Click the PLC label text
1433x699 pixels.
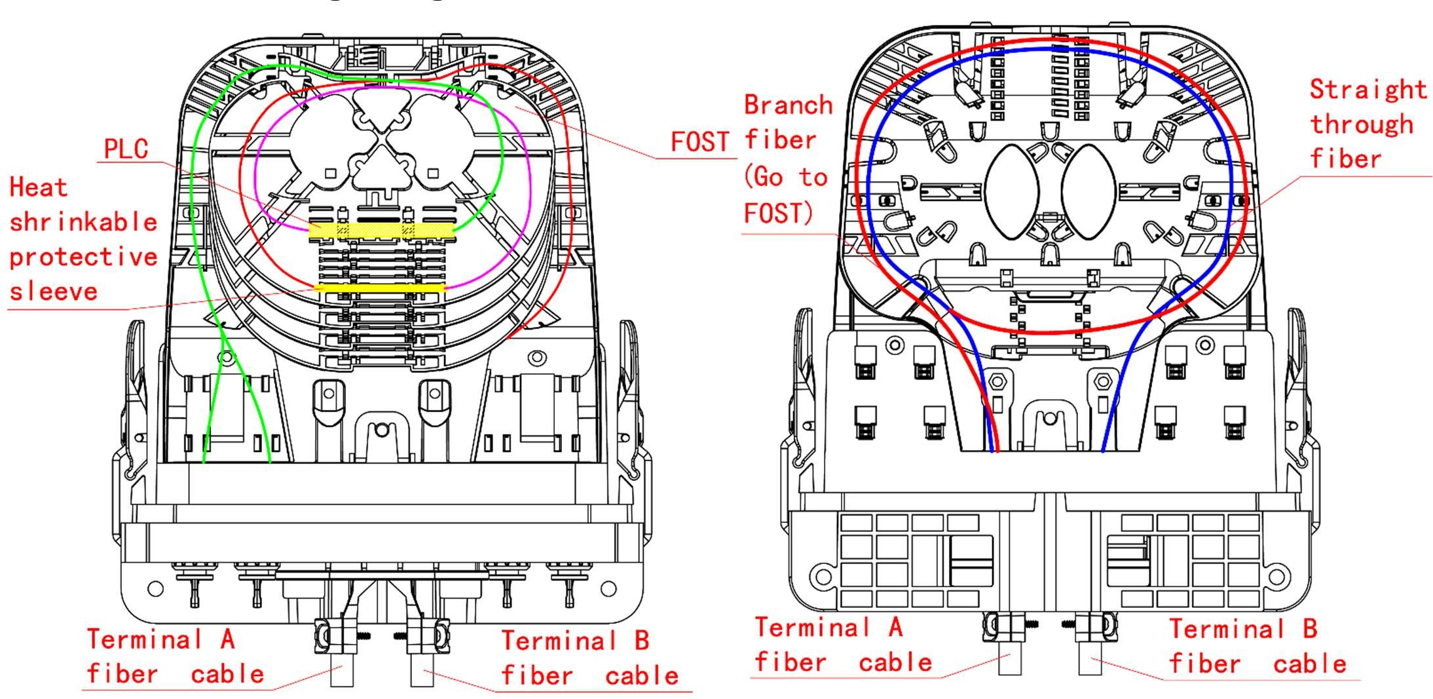click(126, 149)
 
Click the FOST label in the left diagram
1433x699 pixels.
click(699, 142)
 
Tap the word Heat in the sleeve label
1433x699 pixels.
click(38, 188)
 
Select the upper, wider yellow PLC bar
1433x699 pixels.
click(381, 230)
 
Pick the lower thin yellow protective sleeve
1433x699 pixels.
click(380, 288)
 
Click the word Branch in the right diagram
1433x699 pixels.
click(788, 105)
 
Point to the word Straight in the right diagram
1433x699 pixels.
click(1368, 90)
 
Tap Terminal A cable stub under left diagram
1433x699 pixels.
click(342, 671)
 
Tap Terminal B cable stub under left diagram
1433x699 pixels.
click(422, 671)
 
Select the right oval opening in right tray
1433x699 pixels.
click(1088, 191)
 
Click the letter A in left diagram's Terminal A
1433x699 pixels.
click(227, 639)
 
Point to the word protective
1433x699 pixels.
click(83, 257)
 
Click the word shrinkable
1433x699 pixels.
click(83, 222)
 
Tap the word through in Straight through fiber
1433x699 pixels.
click(1362, 124)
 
